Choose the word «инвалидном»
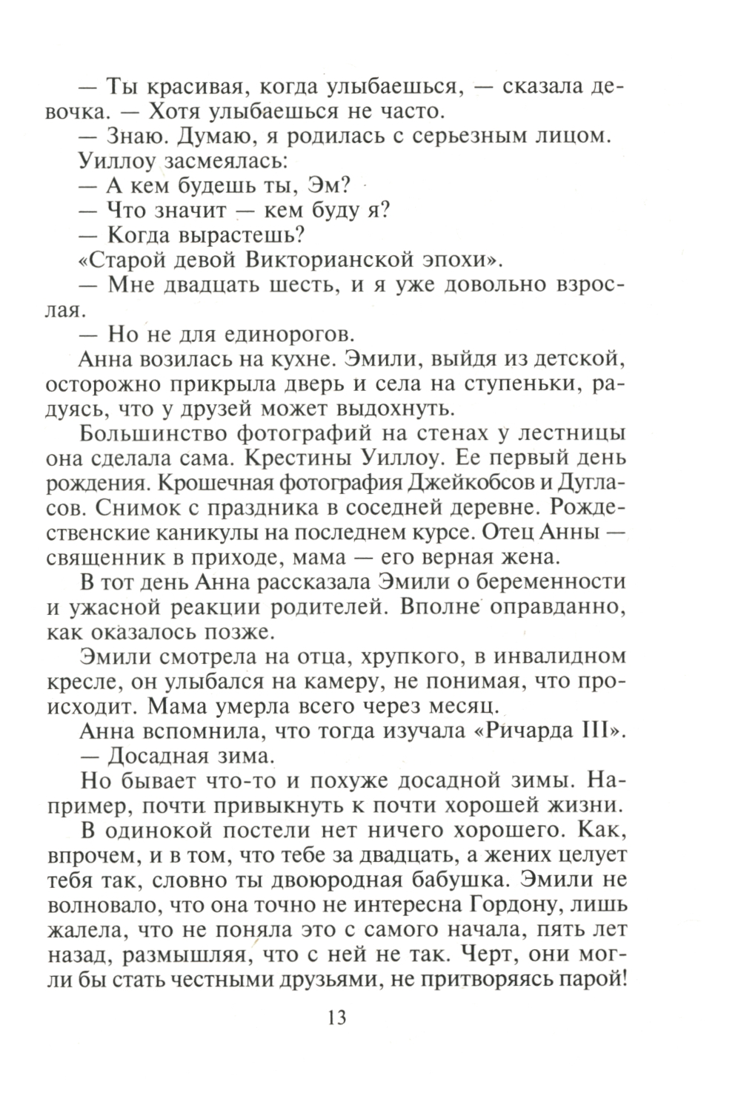click(560, 656)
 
